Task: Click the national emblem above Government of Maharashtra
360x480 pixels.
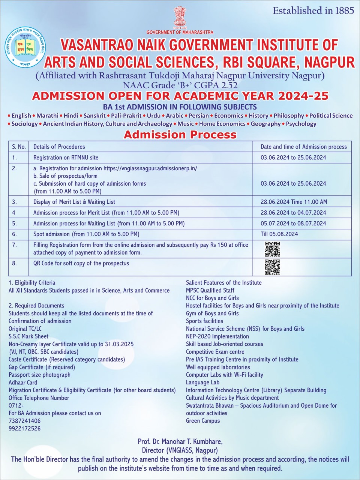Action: tap(180, 17)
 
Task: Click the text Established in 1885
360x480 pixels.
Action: tap(313, 11)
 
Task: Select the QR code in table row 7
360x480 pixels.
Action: tap(272, 249)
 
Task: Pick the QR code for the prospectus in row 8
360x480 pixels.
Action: tap(272, 267)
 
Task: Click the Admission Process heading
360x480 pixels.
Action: tap(180, 135)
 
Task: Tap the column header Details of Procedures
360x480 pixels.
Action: tap(59, 147)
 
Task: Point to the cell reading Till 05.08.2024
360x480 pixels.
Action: tap(279, 234)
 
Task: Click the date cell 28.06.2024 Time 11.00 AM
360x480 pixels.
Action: tap(294, 202)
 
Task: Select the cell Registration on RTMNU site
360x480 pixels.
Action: tap(66, 157)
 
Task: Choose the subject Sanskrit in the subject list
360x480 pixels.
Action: tap(94, 115)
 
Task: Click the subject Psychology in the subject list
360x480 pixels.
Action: tap(301, 124)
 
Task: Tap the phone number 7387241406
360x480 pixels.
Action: tap(25, 421)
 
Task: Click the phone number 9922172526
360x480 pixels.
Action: tap(25, 428)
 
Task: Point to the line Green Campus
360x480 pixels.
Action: tap(203, 421)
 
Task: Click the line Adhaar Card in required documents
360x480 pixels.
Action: tap(23, 382)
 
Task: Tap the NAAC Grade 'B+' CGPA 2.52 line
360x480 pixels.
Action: tap(180, 85)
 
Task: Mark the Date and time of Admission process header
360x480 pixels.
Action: tap(304, 147)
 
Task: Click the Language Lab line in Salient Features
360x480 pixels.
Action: tap(202, 382)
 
